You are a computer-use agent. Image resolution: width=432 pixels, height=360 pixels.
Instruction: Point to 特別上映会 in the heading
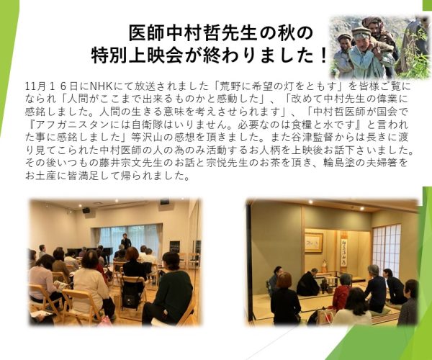137,55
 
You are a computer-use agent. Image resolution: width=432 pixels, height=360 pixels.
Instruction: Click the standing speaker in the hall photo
126,242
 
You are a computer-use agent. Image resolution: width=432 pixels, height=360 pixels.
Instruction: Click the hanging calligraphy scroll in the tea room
343,248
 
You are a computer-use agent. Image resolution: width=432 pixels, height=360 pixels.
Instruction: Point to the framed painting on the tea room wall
314,243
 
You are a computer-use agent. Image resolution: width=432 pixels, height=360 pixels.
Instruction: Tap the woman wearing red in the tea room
342,292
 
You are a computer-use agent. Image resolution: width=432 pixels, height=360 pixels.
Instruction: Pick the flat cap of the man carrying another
361,30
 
